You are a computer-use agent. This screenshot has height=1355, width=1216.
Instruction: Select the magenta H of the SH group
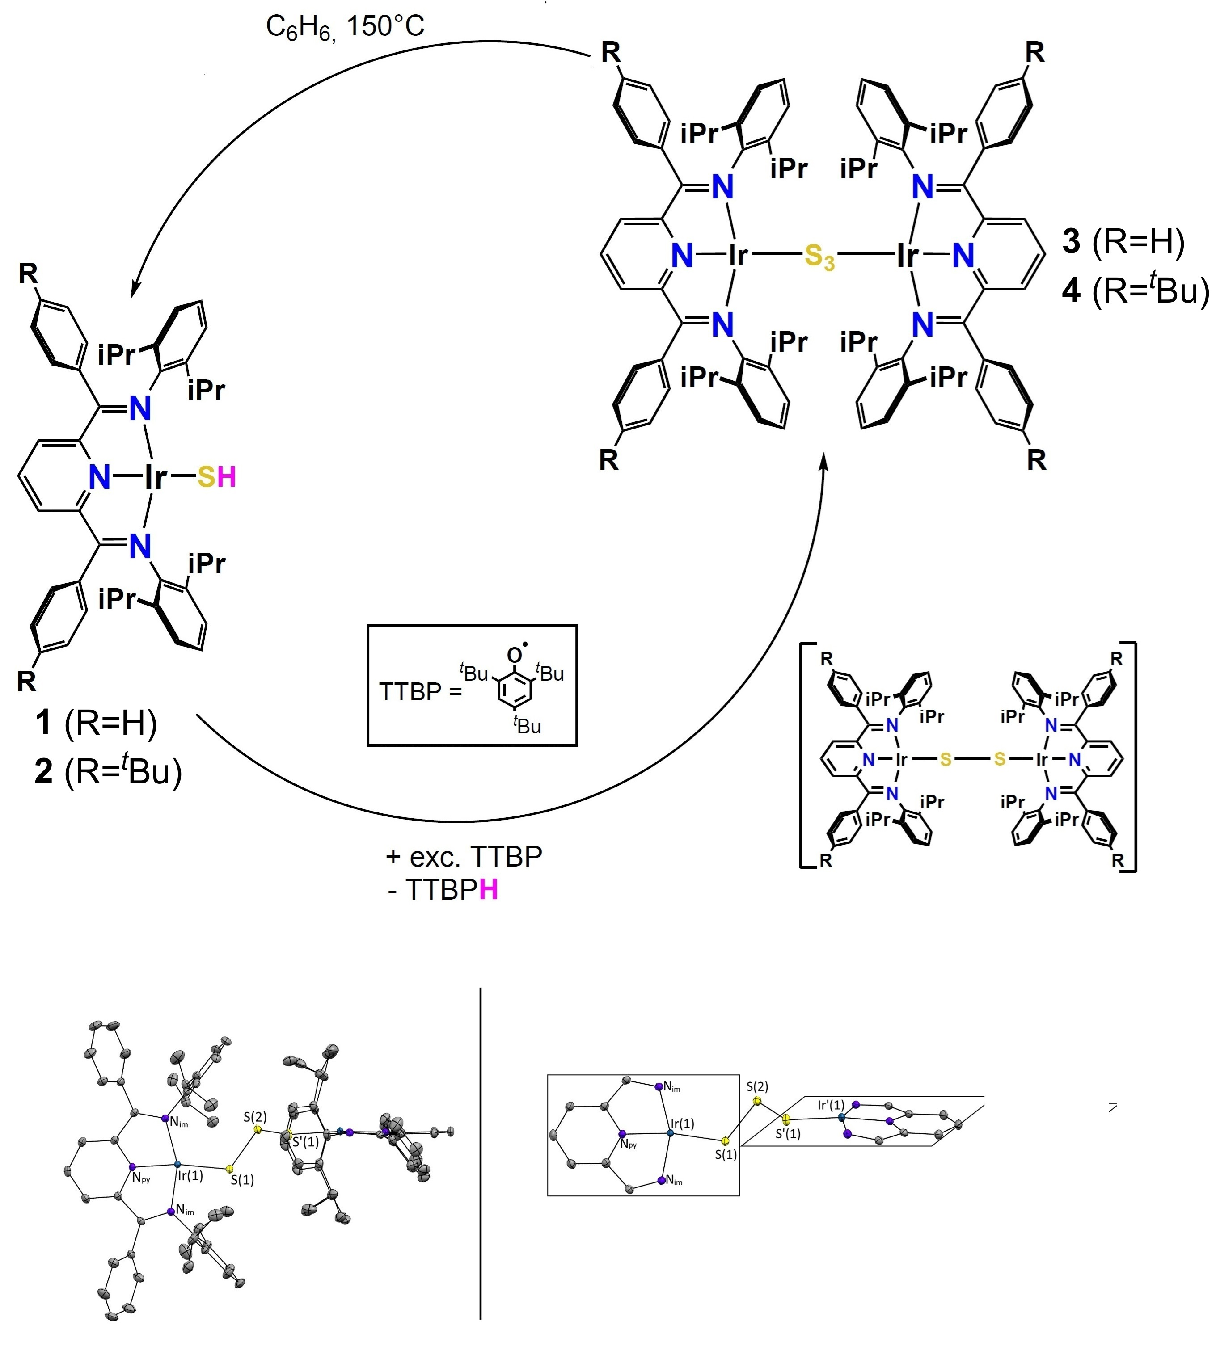coord(227,477)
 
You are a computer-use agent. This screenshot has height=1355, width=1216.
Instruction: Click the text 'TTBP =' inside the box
coord(420,691)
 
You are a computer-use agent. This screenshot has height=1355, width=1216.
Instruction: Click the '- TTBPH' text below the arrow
coord(442,890)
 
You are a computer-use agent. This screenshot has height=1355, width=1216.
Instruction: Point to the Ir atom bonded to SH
coord(156,477)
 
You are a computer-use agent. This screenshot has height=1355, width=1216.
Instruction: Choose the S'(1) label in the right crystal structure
coord(788,1134)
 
